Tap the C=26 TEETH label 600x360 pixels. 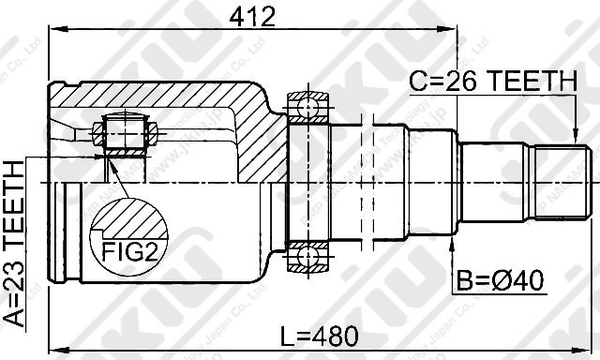click(491, 82)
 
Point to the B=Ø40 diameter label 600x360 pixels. click(502, 279)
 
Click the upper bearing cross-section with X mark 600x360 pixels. click(306, 108)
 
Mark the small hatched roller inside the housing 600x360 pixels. click(123, 132)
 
